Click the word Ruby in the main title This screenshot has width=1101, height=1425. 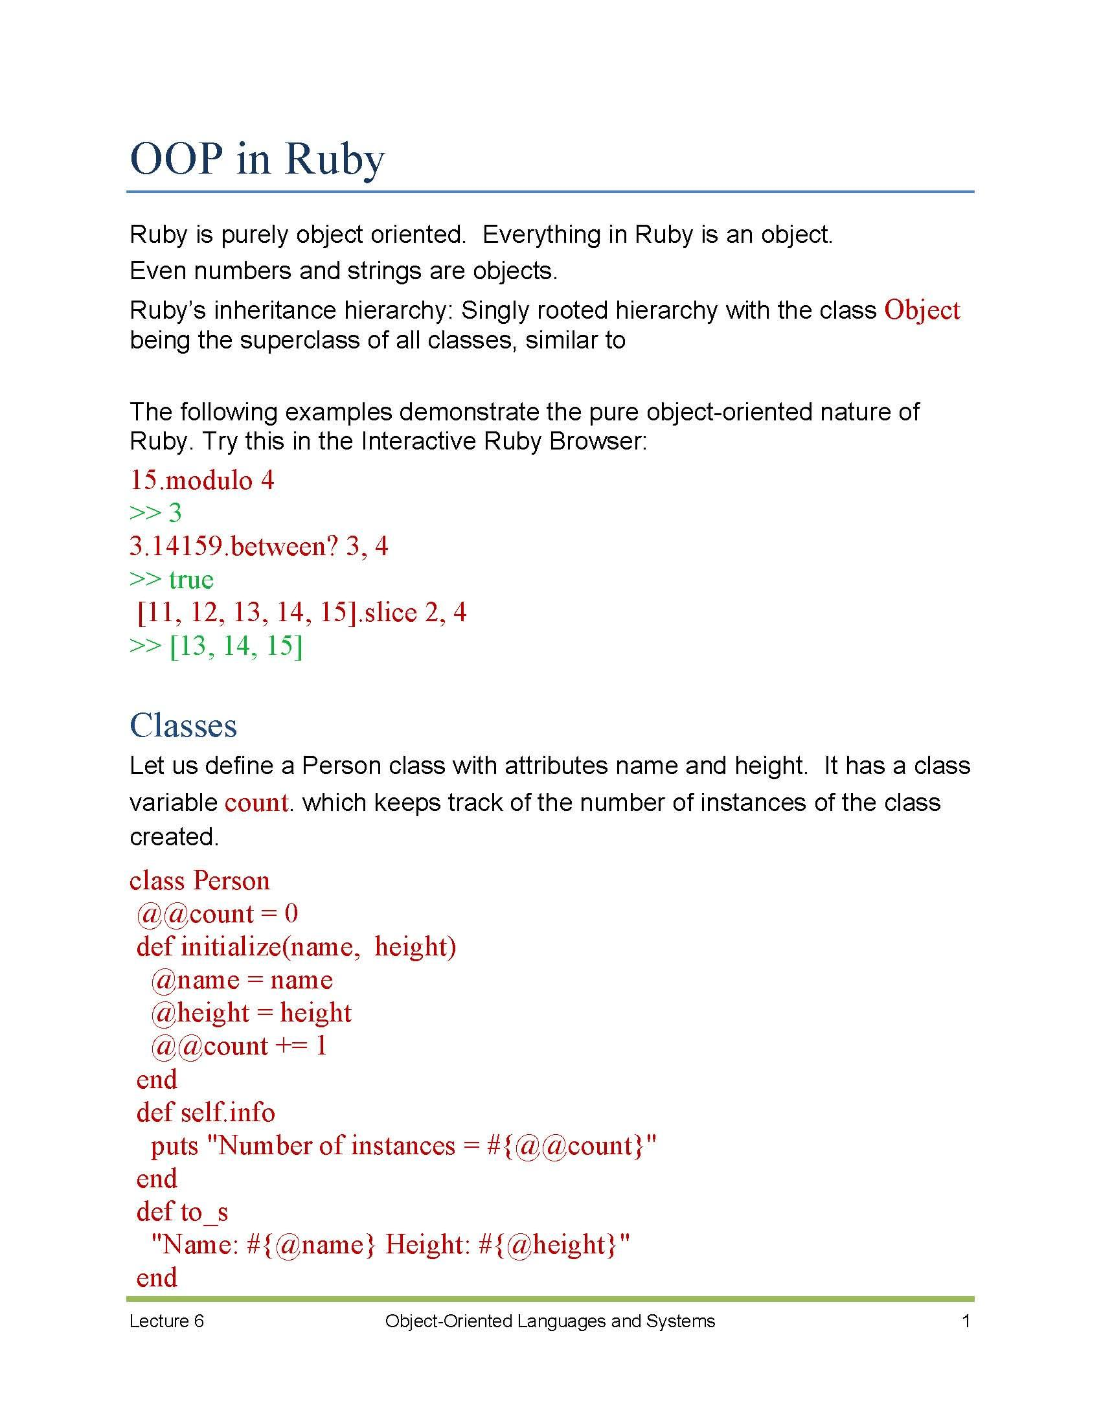tap(334, 159)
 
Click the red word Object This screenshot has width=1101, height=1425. tap(921, 310)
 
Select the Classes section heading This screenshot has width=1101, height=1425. tap(183, 725)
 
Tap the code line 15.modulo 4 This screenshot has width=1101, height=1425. tap(202, 481)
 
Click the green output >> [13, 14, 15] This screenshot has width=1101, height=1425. tap(216, 646)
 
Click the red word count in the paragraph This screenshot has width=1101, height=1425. tap(256, 803)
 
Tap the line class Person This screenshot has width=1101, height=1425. tap(199, 881)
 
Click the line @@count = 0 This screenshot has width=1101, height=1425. tap(217, 913)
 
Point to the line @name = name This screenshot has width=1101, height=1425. tap(242, 980)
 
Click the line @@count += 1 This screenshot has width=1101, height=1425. tap(239, 1046)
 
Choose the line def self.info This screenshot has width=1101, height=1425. tap(205, 1112)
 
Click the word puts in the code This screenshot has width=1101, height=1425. tap(174, 1146)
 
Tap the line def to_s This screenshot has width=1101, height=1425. tap(182, 1212)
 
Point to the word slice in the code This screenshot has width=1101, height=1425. tap(391, 613)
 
